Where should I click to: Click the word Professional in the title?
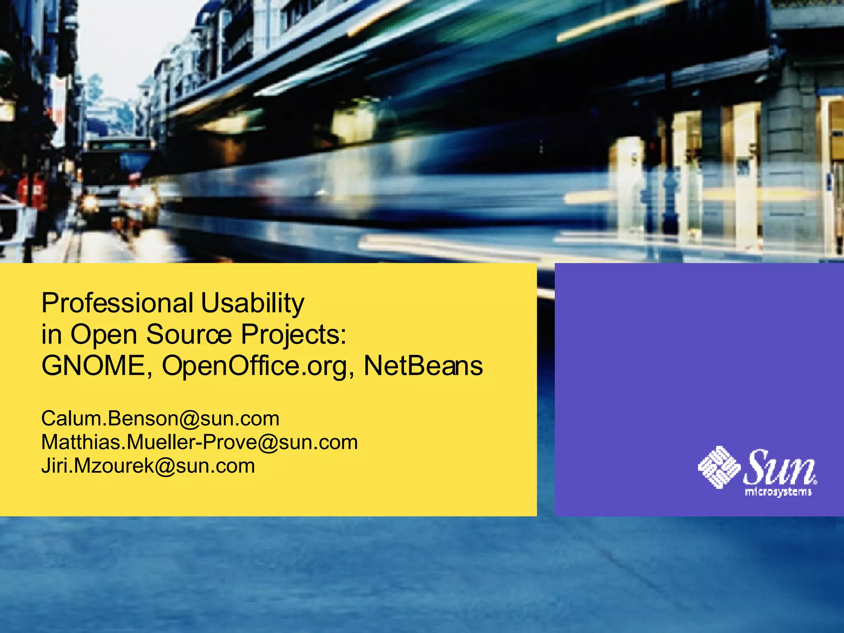117,303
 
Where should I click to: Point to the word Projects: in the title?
294,335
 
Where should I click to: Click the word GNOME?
97,366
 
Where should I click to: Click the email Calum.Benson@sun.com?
160,419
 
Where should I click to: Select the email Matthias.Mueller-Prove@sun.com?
199,442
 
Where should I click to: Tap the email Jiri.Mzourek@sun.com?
148,466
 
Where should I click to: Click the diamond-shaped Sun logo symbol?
719,467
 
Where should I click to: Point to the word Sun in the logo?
779,467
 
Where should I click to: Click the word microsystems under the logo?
778,492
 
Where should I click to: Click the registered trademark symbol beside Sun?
816,481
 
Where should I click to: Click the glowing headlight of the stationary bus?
89,202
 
